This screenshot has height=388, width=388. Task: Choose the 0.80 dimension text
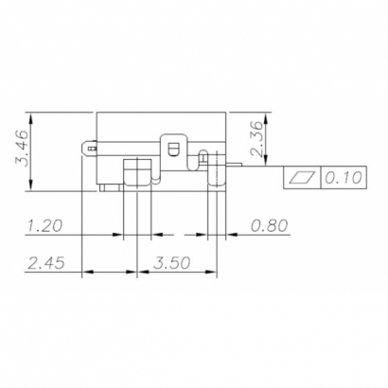click(271, 226)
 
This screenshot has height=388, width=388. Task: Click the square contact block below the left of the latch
click(136, 170)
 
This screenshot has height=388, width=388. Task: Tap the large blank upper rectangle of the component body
click(161, 125)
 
